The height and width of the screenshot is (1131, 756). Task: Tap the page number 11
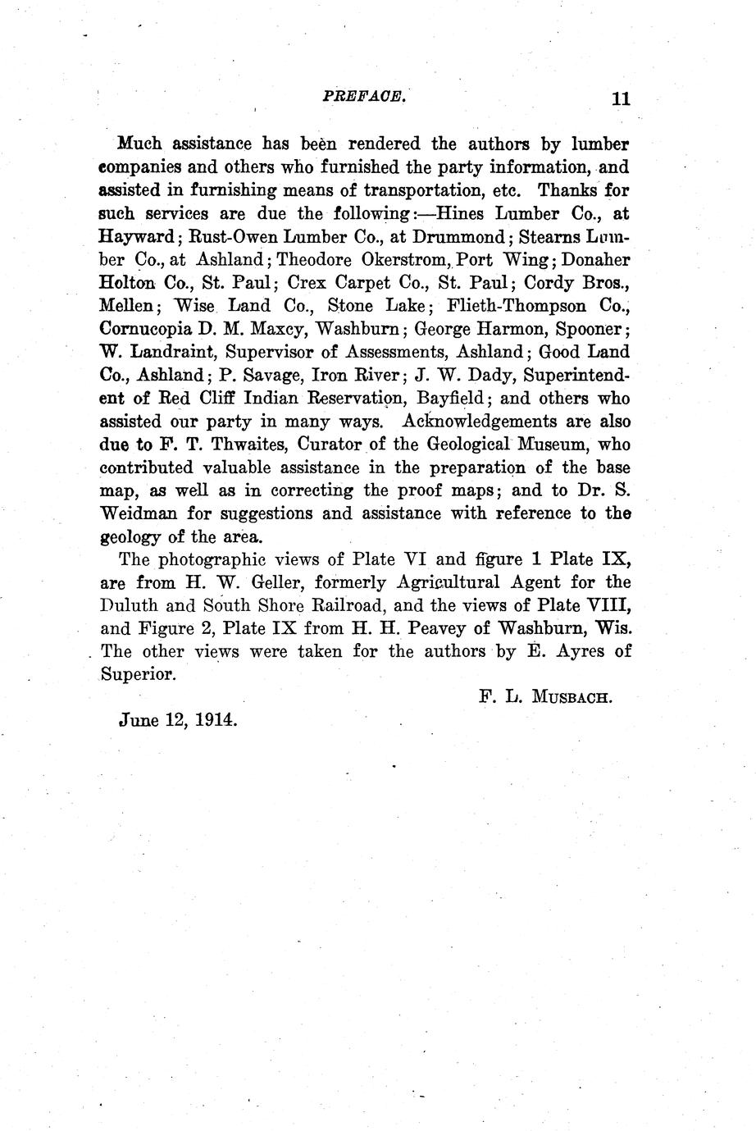[x=620, y=98]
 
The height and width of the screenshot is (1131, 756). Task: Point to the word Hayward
[x=137, y=238]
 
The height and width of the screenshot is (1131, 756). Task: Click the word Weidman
[x=139, y=514]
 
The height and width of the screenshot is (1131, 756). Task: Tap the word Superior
[x=137, y=676]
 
